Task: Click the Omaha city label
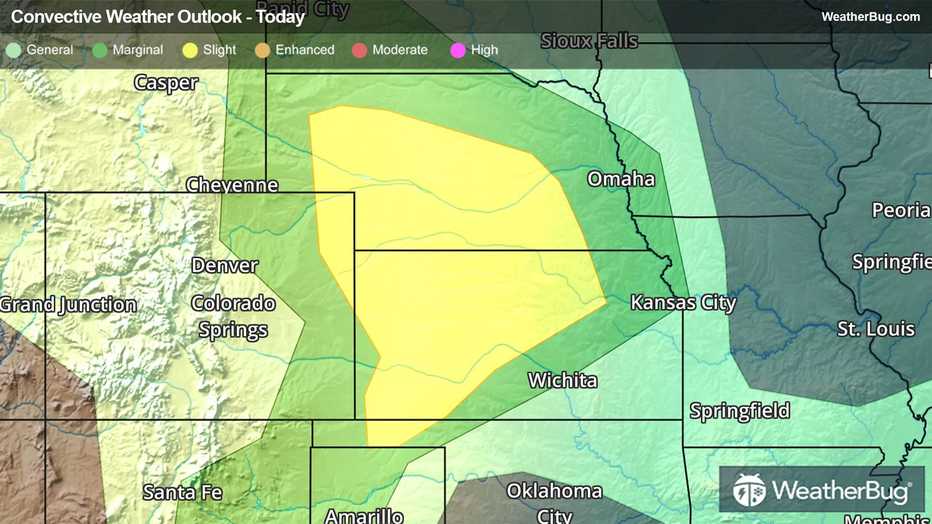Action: (x=621, y=179)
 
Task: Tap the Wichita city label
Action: (x=562, y=380)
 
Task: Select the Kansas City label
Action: (x=683, y=303)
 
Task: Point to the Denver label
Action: (x=224, y=266)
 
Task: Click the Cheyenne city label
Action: (x=232, y=185)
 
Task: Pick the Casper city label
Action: (x=166, y=83)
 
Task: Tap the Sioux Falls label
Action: (x=589, y=41)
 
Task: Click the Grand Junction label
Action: (x=68, y=305)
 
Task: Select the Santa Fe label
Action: (x=182, y=492)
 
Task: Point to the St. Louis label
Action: (x=875, y=328)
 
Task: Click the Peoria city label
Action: (x=900, y=210)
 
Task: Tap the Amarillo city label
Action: (x=364, y=515)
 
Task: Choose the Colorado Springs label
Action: (x=233, y=317)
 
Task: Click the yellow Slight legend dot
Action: (x=190, y=50)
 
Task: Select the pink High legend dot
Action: (x=458, y=50)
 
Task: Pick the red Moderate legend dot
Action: (x=359, y=50)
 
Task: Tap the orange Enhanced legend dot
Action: (x=262, y=50)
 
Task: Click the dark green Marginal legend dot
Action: (x=99, y=50)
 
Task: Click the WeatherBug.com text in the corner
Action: (x=870, y=17)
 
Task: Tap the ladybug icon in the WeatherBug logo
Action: (x=749, y=490)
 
